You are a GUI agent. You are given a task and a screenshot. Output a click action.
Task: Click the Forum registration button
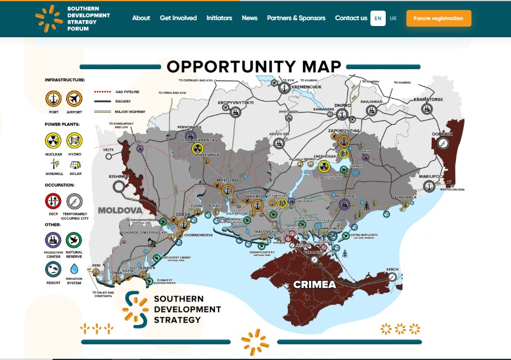tap(438, 18)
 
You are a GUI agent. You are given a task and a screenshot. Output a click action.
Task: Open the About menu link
tap(141, 18)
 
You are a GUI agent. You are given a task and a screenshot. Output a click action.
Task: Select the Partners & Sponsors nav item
tap(296, 18)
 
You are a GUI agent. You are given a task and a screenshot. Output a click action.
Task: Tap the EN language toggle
tap(377, 18)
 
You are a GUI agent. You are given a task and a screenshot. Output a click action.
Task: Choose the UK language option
tap(393, 18)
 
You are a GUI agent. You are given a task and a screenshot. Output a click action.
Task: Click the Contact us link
tap(351, 18)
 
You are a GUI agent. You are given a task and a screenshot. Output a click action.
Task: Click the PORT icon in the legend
tap(54, 98)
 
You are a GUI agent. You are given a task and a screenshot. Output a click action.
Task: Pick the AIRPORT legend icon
tap(74, 98)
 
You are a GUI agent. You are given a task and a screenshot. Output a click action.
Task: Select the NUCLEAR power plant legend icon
tap(54, 141)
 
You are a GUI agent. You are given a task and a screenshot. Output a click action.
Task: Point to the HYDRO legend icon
tap(74, 141)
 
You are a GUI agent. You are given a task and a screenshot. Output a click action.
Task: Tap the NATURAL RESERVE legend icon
tap(74, 240)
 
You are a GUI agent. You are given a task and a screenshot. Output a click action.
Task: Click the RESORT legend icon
tap(54, 269)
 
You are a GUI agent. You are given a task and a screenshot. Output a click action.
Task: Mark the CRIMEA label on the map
tap(315, 285)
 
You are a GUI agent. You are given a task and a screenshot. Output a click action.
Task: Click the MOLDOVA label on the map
tap(120, 210)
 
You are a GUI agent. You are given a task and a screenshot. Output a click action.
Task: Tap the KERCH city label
tap(392, 270)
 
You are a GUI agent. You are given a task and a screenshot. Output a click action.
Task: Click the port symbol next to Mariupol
tap(429, 186)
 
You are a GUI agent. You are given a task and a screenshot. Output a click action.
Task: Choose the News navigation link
tap(249, 18)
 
